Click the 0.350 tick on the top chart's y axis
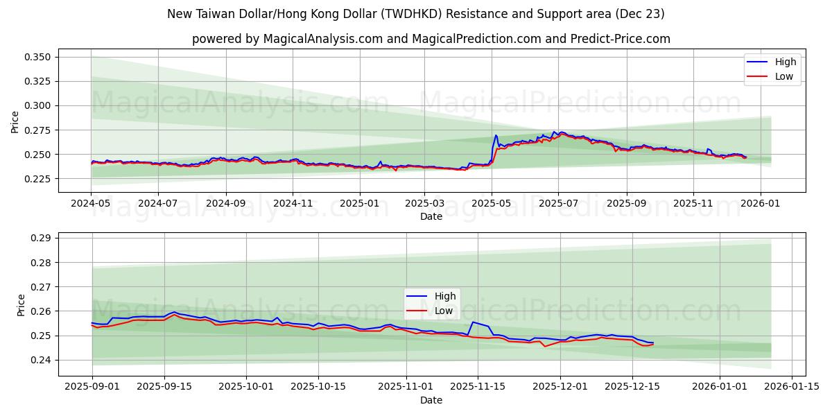(x=38, y=57)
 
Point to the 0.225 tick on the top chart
(x=38, y=179)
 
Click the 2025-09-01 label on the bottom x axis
(x=92, y=387)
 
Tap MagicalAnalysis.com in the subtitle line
(x=323, y=39)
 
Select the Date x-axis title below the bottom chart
(x=431, y=400)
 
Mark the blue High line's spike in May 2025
(x=496, y=135)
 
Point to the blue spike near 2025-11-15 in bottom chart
(x=473, y=322)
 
